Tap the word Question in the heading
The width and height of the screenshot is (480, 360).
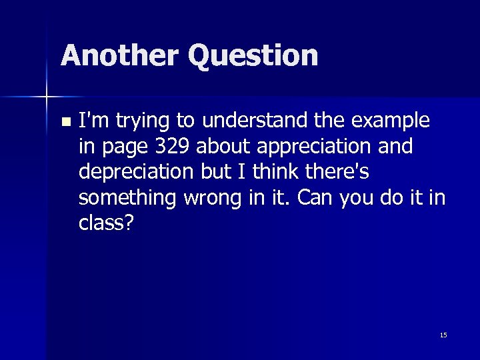click(x=253, y=57)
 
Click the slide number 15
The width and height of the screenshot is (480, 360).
click(x=443, y=335)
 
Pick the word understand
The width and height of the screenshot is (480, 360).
click(x=254, y=121)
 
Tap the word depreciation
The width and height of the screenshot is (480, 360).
click(x=137, y=172)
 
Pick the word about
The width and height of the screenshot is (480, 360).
click(x=221, y=147)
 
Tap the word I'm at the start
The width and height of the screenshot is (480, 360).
click(x=93, y=121)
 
